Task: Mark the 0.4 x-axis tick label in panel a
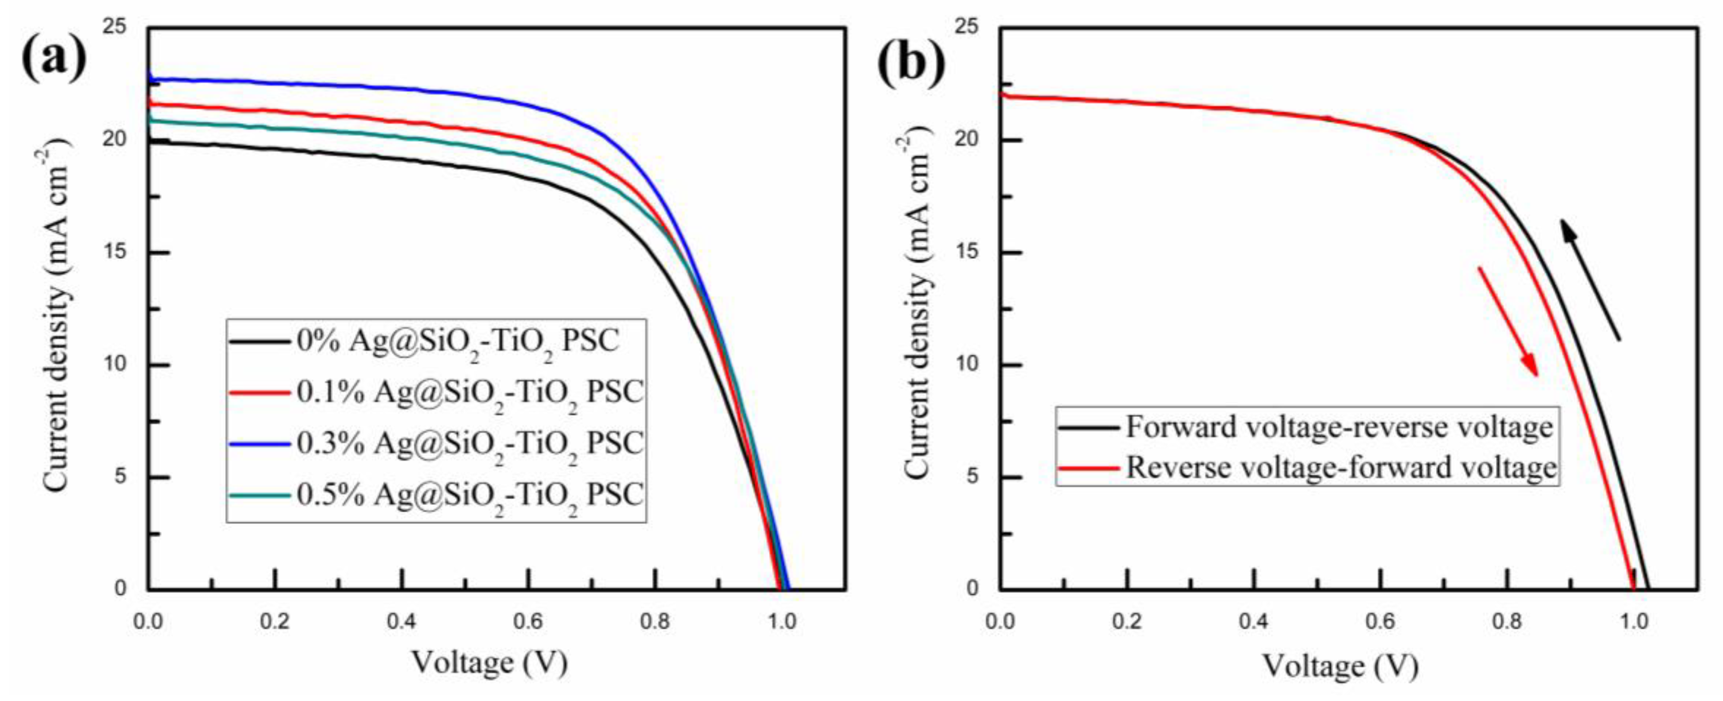coord(402,622)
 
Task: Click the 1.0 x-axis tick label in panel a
coord(781,622)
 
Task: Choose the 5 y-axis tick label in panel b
coord(973,477)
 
